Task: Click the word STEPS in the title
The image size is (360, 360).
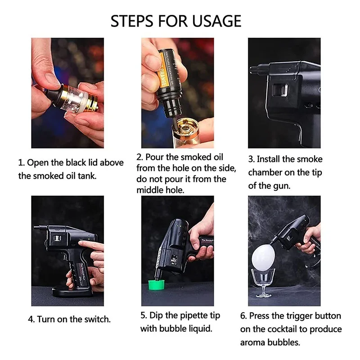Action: point(131,21)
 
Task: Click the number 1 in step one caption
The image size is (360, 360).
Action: point(20,162)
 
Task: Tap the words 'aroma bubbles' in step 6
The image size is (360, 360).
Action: point(270,342)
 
